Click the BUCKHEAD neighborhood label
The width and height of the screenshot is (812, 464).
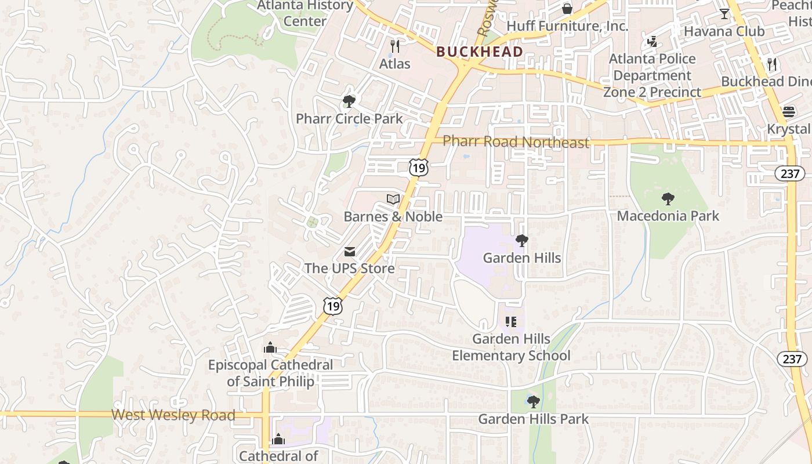479,52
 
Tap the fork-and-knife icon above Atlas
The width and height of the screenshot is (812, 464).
395,46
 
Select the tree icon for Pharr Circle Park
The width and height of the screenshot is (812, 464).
349,101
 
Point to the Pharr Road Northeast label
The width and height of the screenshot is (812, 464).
516,142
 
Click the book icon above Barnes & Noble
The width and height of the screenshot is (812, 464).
393,200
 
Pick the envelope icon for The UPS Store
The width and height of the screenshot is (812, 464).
349,252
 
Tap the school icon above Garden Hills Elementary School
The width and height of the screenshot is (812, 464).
511,321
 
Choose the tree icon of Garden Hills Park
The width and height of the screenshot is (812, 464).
534,401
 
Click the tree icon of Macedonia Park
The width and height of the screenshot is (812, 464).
668,199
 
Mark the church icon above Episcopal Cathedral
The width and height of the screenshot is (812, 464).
270,348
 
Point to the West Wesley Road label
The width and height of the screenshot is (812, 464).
173,415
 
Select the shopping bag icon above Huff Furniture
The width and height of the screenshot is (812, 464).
567,9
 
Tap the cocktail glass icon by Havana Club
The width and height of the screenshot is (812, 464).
724,13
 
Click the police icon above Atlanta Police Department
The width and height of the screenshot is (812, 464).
652,42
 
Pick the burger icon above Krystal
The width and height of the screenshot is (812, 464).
789,111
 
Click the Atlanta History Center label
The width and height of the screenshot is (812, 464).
305,13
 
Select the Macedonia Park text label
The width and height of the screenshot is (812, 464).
668,216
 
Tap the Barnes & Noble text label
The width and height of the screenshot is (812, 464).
393,217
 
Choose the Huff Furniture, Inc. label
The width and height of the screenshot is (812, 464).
567,26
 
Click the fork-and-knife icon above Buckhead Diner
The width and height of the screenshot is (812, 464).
772,64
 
